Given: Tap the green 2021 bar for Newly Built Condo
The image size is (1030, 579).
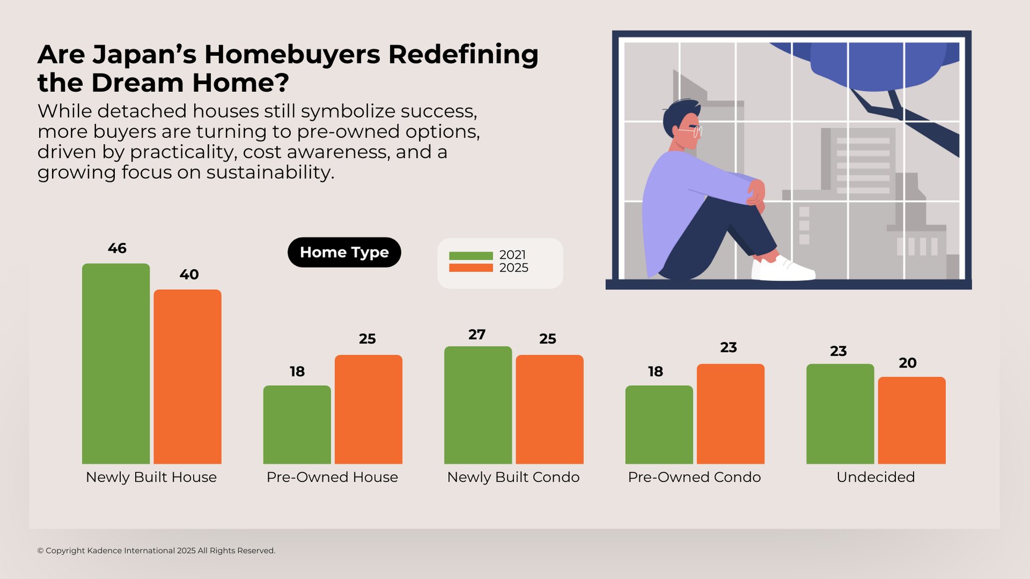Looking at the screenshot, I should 478,405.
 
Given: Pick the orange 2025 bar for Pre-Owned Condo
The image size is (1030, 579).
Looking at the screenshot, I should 730,414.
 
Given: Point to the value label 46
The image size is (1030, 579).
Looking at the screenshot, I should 117,248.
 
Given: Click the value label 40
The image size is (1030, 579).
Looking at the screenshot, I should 189,275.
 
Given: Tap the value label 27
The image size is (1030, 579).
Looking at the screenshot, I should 477,335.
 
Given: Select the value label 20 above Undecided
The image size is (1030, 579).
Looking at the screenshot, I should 907,363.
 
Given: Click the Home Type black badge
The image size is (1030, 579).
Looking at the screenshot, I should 344,252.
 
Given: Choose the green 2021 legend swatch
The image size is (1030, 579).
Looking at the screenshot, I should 471,256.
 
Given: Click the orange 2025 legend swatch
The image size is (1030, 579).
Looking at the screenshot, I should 471,268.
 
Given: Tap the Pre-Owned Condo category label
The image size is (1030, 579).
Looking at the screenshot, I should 694,477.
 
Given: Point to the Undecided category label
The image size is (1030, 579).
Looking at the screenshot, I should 875,477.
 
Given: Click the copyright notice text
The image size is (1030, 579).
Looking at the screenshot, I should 156,551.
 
